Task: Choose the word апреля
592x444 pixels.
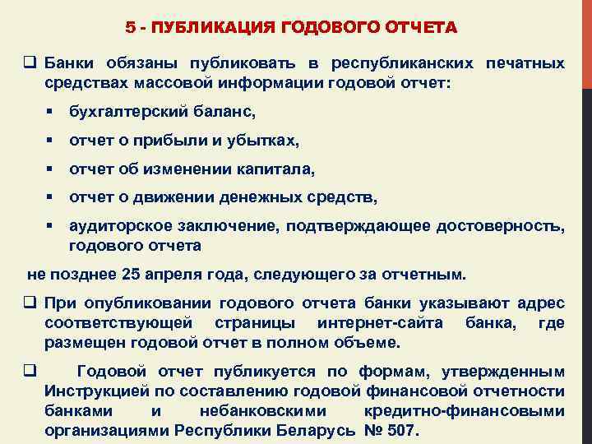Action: pyautogui.click(x=170, y=274)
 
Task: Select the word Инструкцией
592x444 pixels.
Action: pyautogui.click(x=90, y=391)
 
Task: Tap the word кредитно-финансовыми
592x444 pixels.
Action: pyautogui.click(x=463, y=410)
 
